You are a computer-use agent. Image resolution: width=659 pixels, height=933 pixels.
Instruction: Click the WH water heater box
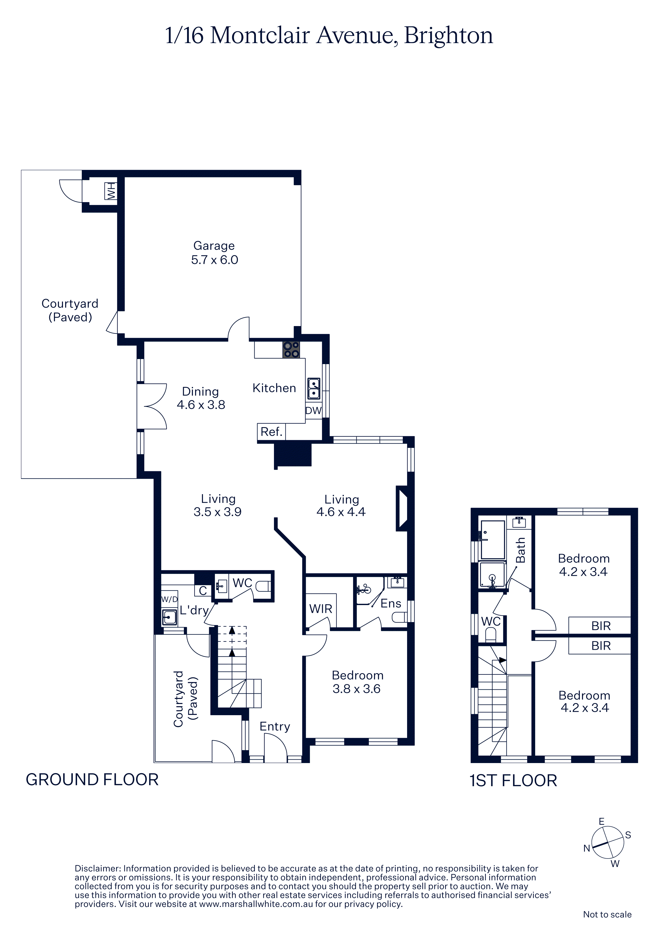click(111, 191)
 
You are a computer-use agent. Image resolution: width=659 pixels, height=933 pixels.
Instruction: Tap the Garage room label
click(214, 246)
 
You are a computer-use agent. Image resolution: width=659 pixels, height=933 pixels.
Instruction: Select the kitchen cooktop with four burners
click(292, 349)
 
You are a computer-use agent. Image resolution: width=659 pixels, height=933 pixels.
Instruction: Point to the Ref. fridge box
click(272, 432)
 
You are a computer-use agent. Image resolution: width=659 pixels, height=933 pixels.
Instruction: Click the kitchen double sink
click(314, 389)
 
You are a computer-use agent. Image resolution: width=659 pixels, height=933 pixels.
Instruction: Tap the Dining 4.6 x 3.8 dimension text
click(201, 405)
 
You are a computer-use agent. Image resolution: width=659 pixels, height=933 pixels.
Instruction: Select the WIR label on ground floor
click(321, 609)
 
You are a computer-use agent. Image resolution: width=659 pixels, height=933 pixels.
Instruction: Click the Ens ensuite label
click(391, 603)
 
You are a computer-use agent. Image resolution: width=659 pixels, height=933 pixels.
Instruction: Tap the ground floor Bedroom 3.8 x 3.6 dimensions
click(357, 689)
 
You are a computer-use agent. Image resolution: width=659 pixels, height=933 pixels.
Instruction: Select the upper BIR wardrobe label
click(601, 626)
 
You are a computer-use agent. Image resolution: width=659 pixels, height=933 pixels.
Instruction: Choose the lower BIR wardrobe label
click(601, 646)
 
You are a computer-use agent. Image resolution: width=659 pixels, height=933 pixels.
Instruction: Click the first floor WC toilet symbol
click(491, 635)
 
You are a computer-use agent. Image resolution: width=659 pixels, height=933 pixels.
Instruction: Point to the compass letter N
click(587, 848)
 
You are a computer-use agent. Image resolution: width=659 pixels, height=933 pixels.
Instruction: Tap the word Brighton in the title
click(449, 36)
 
